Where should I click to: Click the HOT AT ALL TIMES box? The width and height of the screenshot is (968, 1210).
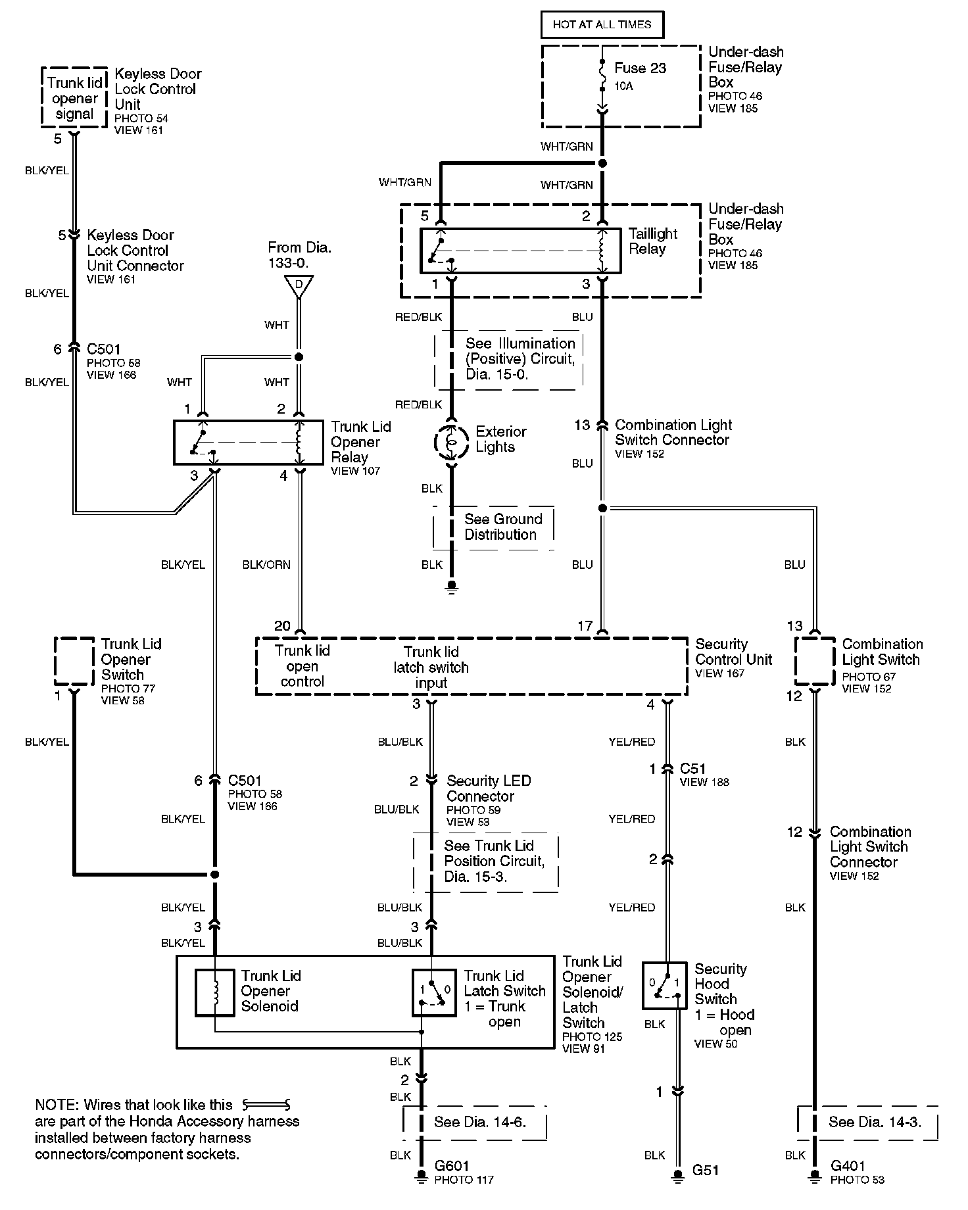click(x=602, y=25)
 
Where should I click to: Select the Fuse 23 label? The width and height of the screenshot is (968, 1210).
click(x=640, y=68)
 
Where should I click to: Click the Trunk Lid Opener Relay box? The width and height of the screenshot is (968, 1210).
click(x=249, y=443)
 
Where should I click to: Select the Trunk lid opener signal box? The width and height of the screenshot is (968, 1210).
click(x=74, y=97)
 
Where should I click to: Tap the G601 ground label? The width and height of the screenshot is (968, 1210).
click(x=452, y=1166)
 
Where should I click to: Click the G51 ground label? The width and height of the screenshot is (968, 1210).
click(x=705, y=1171)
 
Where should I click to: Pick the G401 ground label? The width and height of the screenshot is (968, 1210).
click(x=848, y=1166)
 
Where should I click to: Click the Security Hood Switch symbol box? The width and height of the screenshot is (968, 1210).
click(x=664, y=986)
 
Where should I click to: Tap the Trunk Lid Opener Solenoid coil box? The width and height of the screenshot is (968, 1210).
click(x=214, y=992)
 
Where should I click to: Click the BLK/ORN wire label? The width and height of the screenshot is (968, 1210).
click(x=266, y=565)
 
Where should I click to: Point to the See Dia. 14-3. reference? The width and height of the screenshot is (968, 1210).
click(x=875, y=1123)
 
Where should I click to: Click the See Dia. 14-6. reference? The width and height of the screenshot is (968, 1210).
click(x=480, y=1123)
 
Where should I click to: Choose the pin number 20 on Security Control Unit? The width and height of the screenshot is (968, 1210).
click(x=282, y=626)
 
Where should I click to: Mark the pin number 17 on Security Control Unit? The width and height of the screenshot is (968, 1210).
click(x=585, y=626)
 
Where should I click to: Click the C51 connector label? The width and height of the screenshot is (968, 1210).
click(x=693, y=769)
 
